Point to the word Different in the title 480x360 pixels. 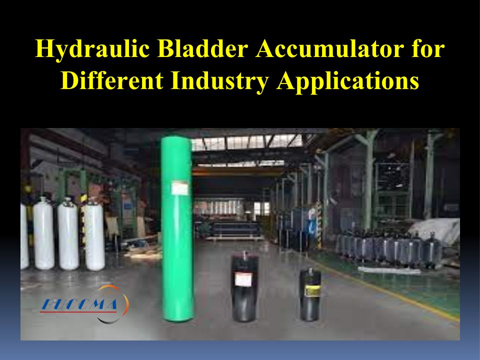coord(111,80)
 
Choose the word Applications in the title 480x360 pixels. coord(348,81)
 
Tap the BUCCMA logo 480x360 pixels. coord(84,304)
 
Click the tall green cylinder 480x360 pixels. coord(177,228)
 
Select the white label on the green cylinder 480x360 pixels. coord(179,188)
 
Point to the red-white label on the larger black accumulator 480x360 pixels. coord(243,279)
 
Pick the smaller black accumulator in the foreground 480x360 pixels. coord(310,294)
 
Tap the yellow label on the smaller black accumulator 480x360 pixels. coord(312,290)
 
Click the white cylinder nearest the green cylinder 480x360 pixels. coord(94,235)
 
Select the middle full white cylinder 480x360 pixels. coord(68,234)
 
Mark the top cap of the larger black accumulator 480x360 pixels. coord(244,254)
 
